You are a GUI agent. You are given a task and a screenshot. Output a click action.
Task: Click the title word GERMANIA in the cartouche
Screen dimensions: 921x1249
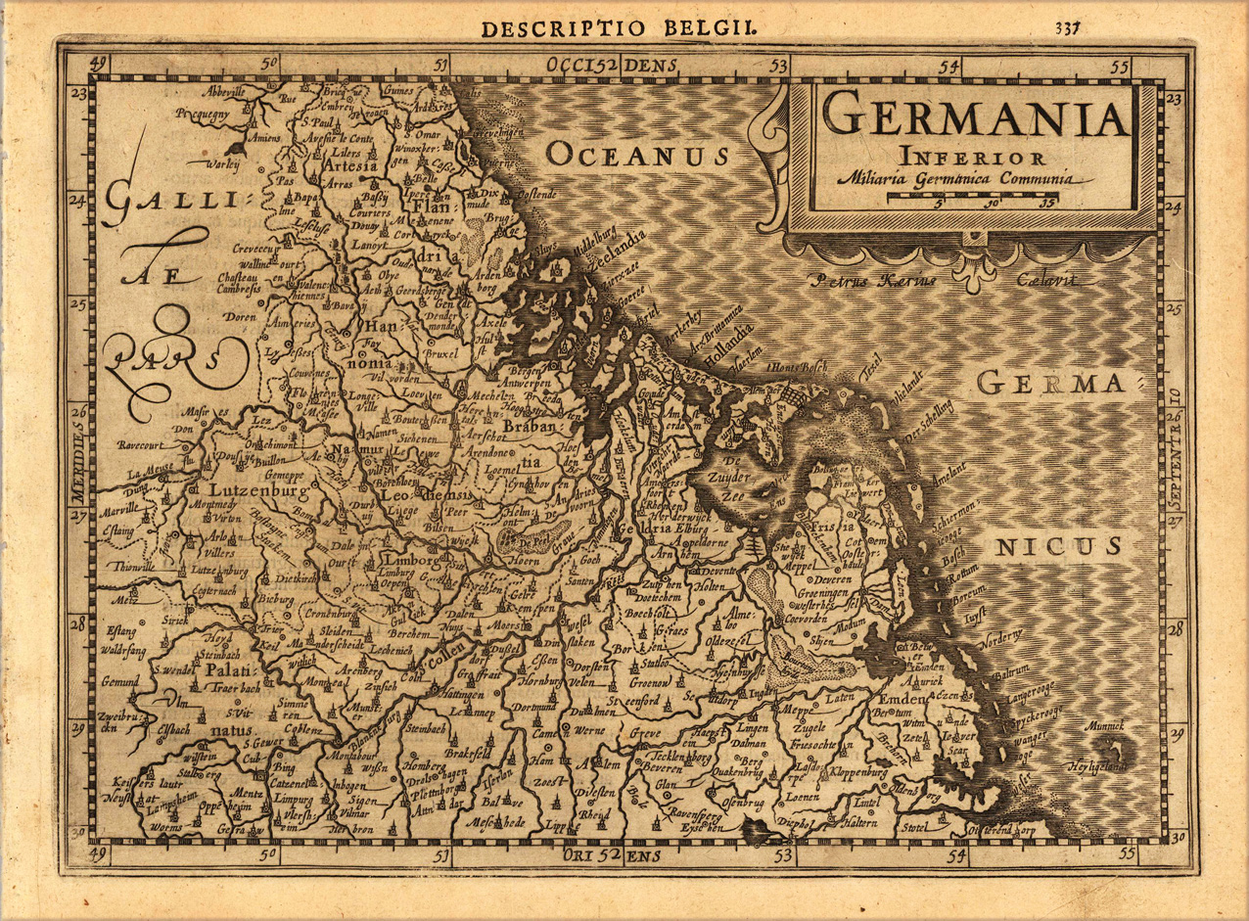(x=975, y=115)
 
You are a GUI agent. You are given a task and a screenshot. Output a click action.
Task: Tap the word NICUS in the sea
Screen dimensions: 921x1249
(x=1057, y=547)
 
